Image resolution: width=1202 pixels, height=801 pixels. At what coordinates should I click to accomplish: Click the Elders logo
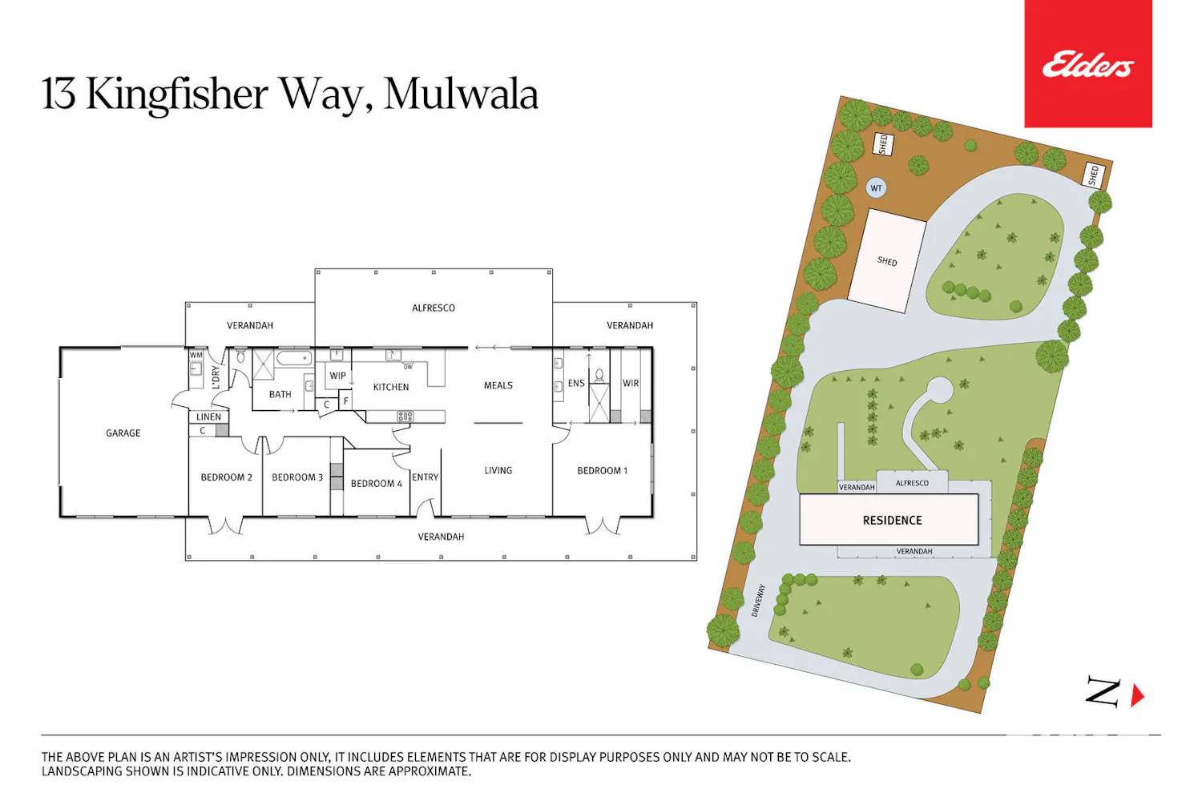click(x=1087, y=64)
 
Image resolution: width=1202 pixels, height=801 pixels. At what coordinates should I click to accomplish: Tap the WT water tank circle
click(x=876, y=188)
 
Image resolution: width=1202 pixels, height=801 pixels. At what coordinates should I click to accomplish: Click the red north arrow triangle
click(x=1137, y=695)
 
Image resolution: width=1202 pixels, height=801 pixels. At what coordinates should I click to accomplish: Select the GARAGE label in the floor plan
click(x=123, y=433)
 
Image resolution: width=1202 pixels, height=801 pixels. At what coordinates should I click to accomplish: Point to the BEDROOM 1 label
click(x=602, y=470)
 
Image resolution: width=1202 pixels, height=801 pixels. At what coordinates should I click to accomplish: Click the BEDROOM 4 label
click(x=376, y=483)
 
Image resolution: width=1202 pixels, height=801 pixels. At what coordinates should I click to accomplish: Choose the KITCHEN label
click(x=391, y=387)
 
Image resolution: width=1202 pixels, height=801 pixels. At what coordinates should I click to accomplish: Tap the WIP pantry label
click(x=337, y=376)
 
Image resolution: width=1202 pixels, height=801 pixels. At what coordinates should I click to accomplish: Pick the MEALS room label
click(x=498, y=385)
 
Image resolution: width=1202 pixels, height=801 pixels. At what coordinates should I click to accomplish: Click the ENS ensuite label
click(x=576, y=383)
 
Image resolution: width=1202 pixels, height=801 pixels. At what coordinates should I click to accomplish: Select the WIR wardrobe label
click(x=631, y=383)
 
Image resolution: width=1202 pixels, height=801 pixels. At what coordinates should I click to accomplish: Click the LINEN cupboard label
click(x=208, y=417)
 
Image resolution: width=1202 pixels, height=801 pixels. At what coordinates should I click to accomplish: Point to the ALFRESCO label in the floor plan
click(x=433, y=308)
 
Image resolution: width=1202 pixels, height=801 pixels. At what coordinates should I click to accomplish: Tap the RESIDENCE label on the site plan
click(x=893, y=520)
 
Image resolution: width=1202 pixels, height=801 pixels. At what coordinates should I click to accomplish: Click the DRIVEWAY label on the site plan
click(x=758, y=600)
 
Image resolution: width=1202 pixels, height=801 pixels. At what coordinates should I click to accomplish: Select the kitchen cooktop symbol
click(x=405, y=416)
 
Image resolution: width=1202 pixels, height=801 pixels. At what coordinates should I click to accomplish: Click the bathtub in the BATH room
click(x=294, y=357)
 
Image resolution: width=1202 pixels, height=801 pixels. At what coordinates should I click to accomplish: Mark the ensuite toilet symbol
click(x=599, y=376)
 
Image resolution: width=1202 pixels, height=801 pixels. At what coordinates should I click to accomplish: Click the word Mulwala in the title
click(x=461, y=95)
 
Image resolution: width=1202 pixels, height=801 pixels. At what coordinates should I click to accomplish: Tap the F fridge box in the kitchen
click(x=345, y=400)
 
